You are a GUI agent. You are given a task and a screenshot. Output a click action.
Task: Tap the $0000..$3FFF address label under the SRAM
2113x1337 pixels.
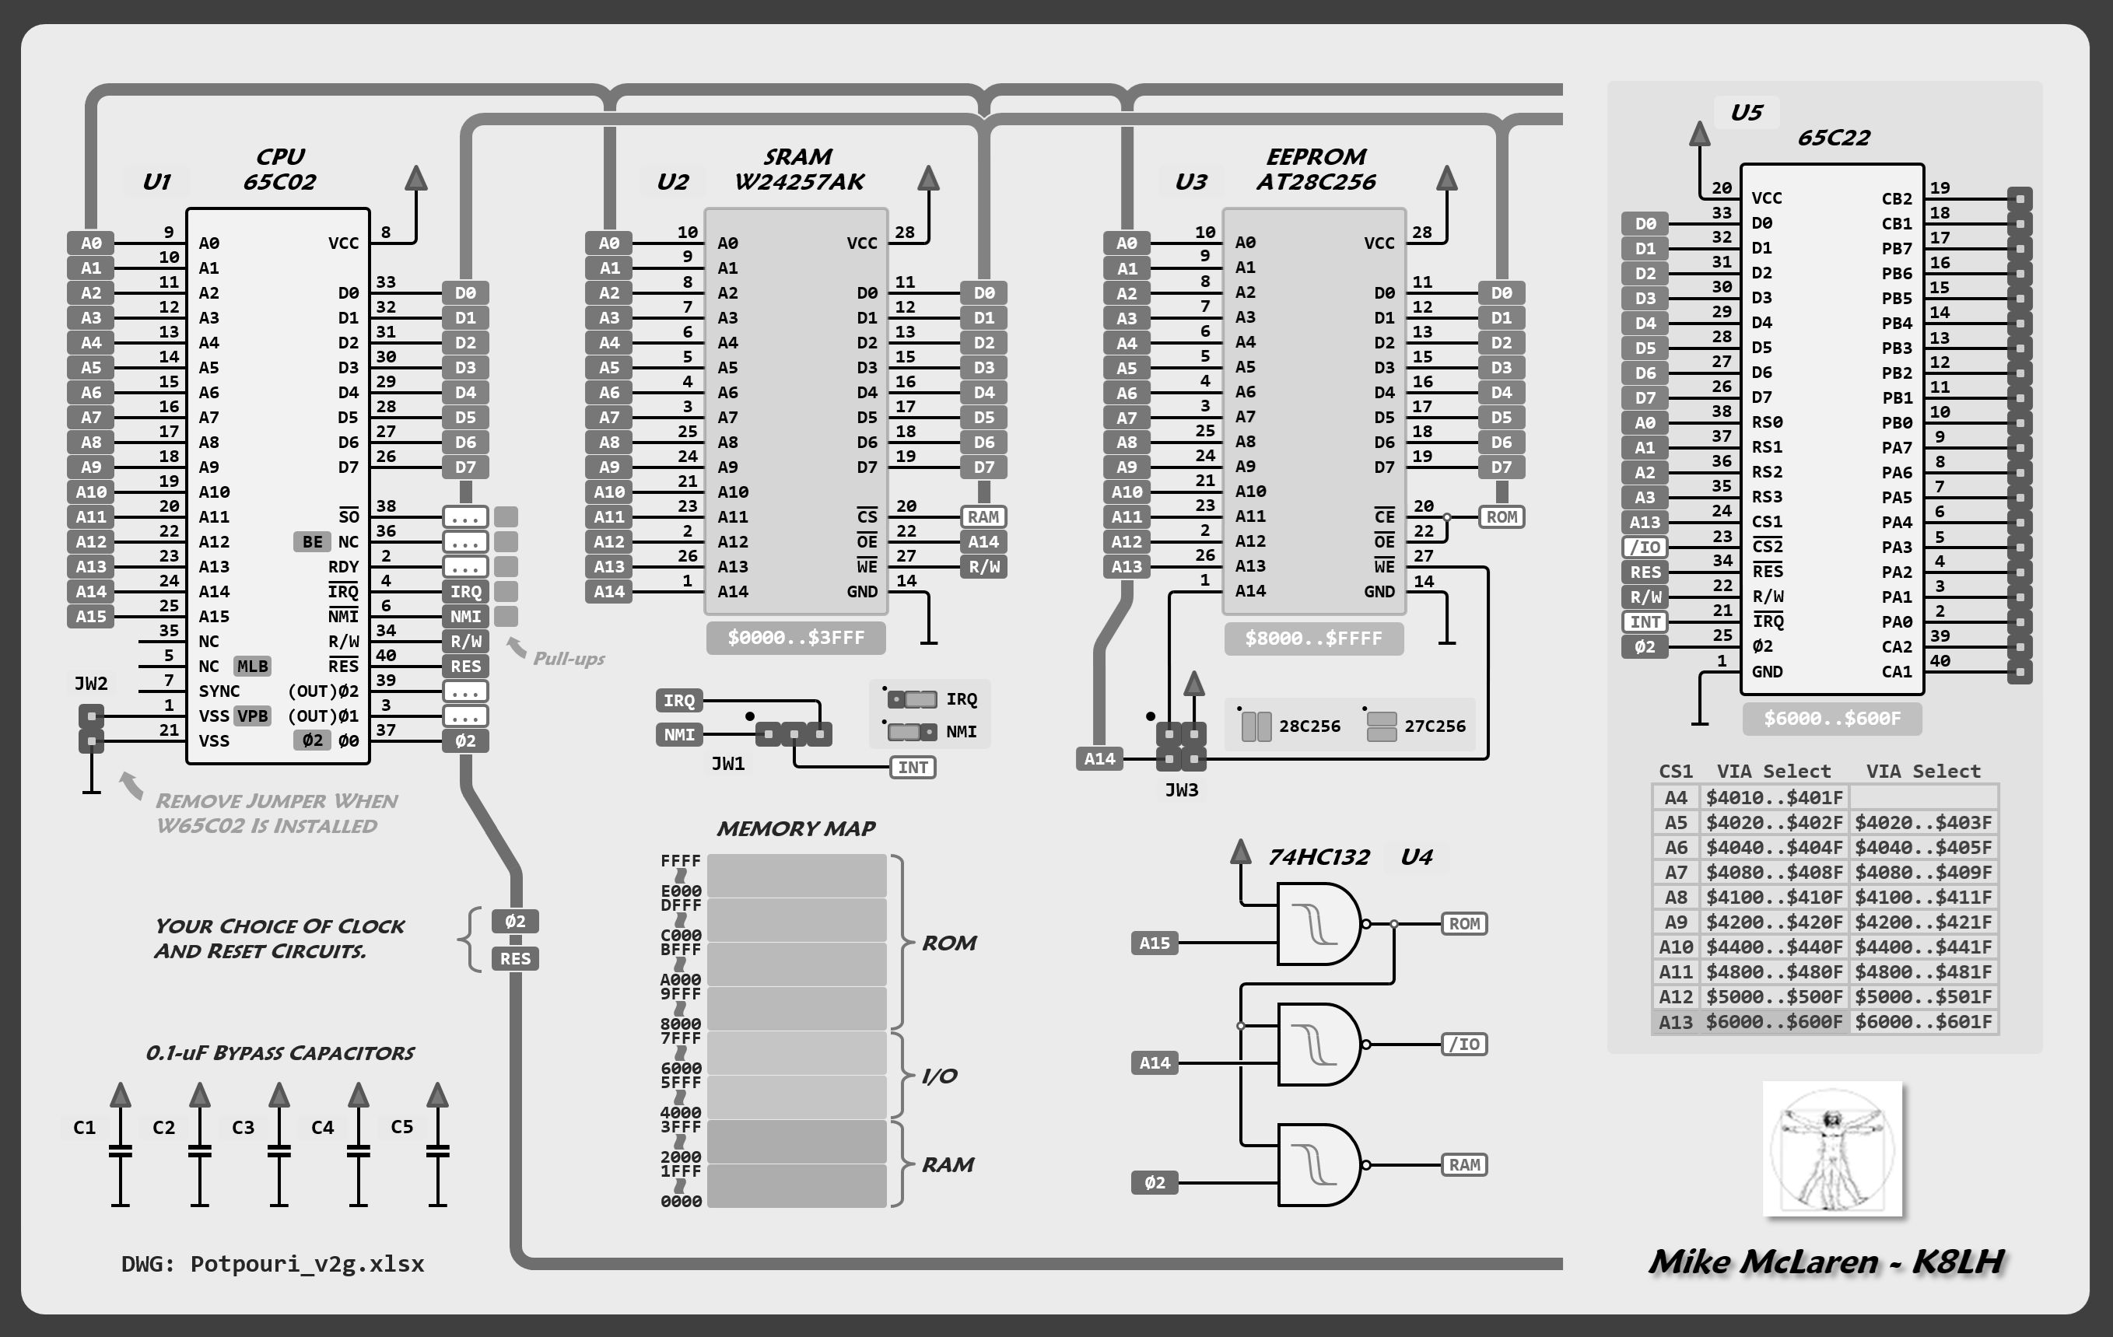(x=795, y=638)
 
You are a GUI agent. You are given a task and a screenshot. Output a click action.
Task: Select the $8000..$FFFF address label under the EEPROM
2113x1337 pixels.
(x=1313, y=639)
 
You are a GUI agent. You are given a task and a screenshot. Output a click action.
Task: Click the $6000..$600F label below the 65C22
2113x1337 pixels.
(x=1832, y=719)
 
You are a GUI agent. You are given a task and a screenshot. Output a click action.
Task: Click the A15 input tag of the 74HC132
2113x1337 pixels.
(x=1154, y=943)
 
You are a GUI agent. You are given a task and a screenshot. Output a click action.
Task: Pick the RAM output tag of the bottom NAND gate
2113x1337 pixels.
(x=1463, y=1165)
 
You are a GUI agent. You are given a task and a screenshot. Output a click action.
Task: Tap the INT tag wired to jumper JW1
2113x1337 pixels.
(x=913, y=768)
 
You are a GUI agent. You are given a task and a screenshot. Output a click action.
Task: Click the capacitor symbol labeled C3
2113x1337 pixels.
(x=279, y=1150)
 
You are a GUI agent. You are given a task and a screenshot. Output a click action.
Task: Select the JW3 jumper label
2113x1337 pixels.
(x=1181, y=789)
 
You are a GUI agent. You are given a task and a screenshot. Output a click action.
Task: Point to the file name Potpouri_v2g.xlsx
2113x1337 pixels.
(x=307, y=1263)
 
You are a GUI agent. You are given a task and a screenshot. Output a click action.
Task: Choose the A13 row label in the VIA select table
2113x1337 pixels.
(x=1675, y=1022)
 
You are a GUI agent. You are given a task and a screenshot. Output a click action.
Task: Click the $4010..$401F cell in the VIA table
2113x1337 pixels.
(x=1774, y=797)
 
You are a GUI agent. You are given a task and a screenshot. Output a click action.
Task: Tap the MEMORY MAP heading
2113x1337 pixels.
(x=796, y=828)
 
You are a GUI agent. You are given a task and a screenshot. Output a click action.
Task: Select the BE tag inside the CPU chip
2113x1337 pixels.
(x=313, y=541)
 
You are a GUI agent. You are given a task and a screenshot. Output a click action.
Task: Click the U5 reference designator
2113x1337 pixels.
(x=1747, y=112)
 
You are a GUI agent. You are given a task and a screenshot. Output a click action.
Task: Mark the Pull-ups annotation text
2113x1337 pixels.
(x=569, y=658)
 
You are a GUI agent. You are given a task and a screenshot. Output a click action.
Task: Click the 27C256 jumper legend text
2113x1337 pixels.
(x=1435, y=726)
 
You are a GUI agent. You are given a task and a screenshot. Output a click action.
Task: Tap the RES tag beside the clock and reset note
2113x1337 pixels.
(x=515, y=959)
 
